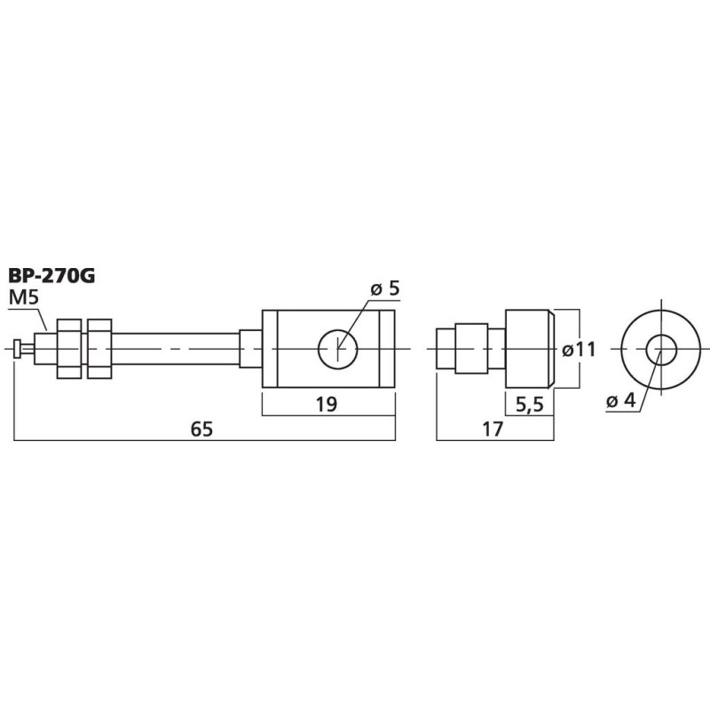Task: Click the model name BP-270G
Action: pyautogui.click(x=51, y=275)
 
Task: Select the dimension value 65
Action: pyautogui.click(x=204, y=429)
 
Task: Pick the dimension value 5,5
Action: pyautogui.click(x=530, y=405)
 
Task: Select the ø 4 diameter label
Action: pyautogui.click(x=621, y=401)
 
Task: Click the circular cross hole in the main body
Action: pyautogui.click(x=338, y=349)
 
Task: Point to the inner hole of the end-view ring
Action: pyautogui.click(x=659, y=349)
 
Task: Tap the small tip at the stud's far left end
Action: pyautogui.click(x=19, y=349)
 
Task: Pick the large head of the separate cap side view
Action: pyautogui.click(x=530, y=349)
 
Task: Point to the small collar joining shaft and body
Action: pyautogui.click(x=251, y=349)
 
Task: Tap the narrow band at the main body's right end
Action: pyautogui.click(x=386, y=349)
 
